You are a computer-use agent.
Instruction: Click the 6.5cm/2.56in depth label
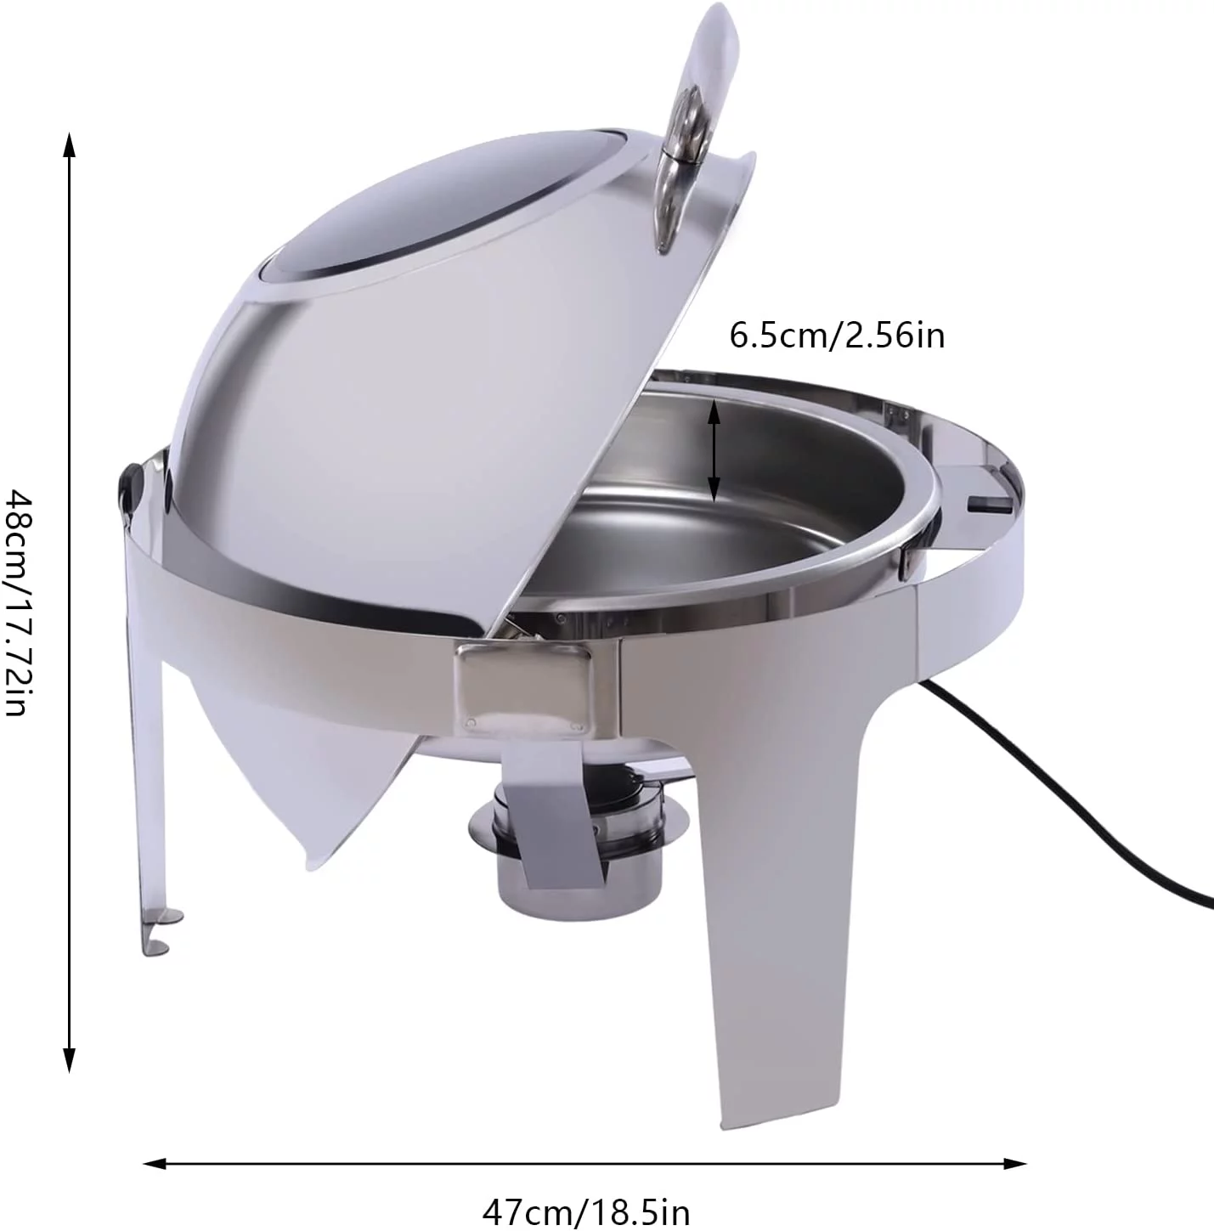click(837, 336)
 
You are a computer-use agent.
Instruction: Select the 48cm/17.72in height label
click(20, 601)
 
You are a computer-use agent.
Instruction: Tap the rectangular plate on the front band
click(521, 687)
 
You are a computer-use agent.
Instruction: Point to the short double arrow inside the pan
click(714, 450)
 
